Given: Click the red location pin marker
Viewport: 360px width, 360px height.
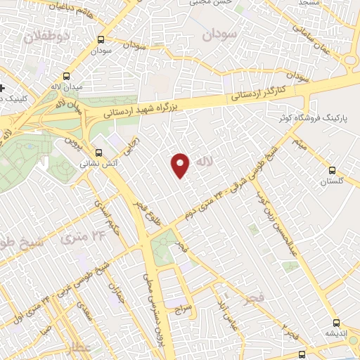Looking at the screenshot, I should [181, 165].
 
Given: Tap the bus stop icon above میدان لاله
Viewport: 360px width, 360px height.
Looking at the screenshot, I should [67, 75].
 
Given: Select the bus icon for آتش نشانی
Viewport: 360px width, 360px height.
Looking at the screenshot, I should [99, 151].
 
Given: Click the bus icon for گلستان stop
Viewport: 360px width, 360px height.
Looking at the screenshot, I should [333, 169].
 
